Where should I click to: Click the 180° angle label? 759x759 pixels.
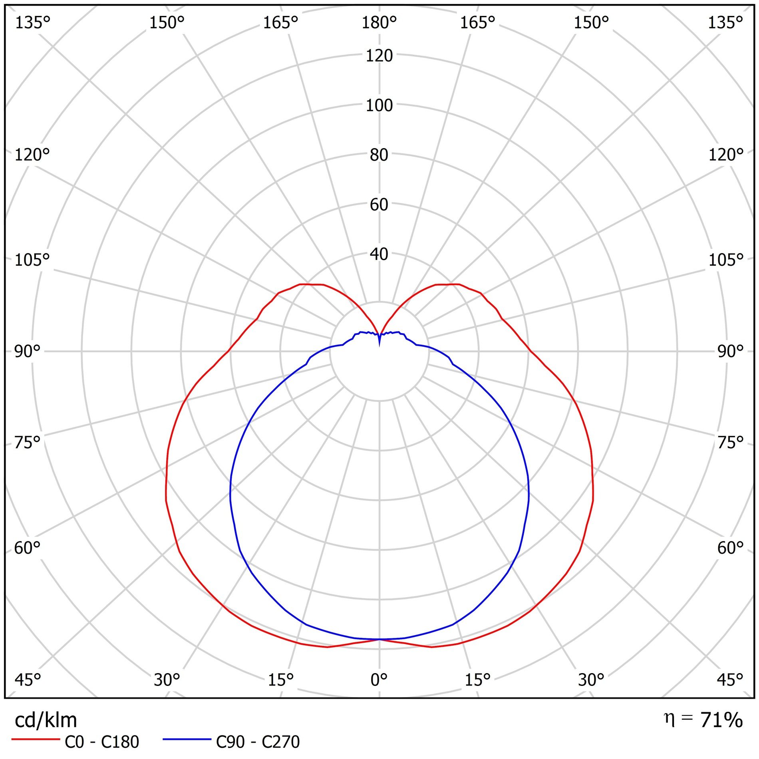pos(379,23)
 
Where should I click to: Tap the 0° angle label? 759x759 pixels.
pos(379,680)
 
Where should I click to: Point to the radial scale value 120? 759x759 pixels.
pos(379,56)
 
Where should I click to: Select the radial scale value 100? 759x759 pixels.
pos(379,105)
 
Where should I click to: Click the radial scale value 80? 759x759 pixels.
pos(379,155)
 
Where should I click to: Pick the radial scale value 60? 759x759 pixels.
pos(379,205)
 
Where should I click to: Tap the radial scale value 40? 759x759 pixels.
pos(379,254)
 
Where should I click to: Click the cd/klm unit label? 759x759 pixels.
pos(46,720)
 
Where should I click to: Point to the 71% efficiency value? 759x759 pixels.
pos(721,720)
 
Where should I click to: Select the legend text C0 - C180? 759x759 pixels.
pos(102,742)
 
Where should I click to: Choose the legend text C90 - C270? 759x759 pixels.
pos(258,742)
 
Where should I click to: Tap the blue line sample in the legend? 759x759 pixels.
pos(187,739)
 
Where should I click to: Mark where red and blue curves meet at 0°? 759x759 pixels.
pos(379,639)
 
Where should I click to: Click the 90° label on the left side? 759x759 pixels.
pos(27,352)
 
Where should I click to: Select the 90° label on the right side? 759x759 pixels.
pos(730,352)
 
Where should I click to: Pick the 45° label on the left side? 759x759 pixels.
pos(27,680)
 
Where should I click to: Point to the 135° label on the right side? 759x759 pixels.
pos(725,23)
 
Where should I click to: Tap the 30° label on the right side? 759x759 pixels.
pos(591,680)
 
